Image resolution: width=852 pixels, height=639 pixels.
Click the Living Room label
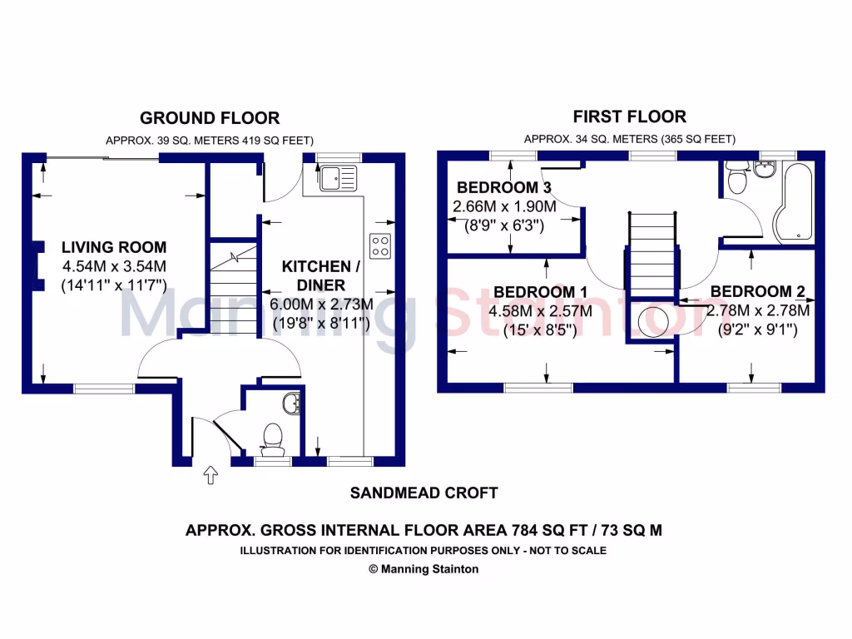[x=114, y=247]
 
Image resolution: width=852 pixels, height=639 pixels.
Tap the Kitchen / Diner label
[x=320, y=275]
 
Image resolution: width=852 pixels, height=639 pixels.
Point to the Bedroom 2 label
[x=757, y=292]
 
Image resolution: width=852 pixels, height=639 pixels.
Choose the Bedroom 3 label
[x=505, y=186]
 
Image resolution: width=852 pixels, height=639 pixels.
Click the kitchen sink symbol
[x=337, y=176]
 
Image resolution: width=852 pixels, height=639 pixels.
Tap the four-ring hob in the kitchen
[x=380, y=245]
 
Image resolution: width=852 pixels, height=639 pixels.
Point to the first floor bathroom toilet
[x=736, y=179]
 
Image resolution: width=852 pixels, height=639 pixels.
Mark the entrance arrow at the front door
[x=210, y=476]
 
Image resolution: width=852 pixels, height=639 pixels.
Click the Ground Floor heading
[x=210, y=118]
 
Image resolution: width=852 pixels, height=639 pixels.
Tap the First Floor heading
[x=630, y=116]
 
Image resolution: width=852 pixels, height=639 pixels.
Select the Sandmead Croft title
[x=424, y=493]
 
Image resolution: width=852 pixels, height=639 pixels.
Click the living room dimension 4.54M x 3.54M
[x=115, y=266]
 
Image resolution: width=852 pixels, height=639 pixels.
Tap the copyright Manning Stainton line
[x=424, y=569]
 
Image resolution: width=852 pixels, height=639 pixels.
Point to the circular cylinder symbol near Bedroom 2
[x=654, y=319]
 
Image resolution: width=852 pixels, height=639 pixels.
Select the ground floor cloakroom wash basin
[x=290, y=405]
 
